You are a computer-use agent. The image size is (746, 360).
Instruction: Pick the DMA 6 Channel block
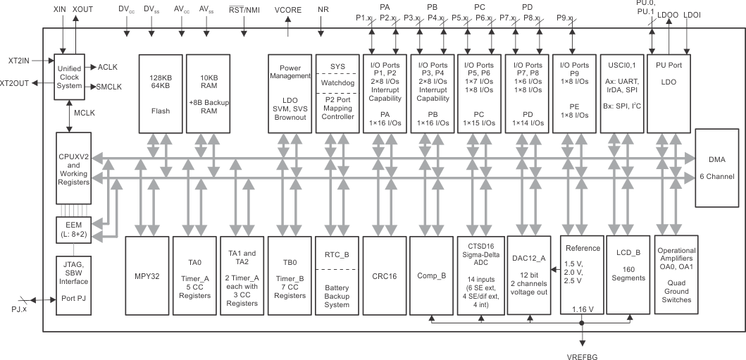[x=716, y=168]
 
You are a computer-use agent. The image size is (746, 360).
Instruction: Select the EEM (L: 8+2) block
[x=70, y=229]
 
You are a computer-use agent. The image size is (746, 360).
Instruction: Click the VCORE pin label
[x=289, y=10]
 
